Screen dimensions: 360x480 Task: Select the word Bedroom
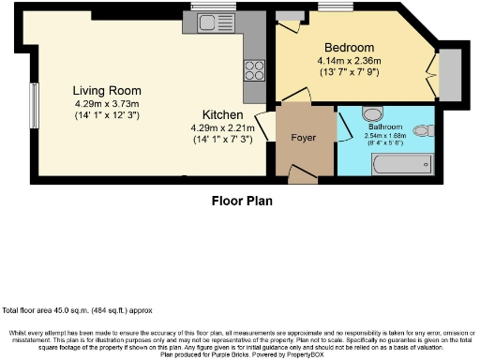(349, 48)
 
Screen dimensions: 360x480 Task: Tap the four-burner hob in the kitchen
(255, 70)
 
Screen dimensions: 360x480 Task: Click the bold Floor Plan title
(239, 199)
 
